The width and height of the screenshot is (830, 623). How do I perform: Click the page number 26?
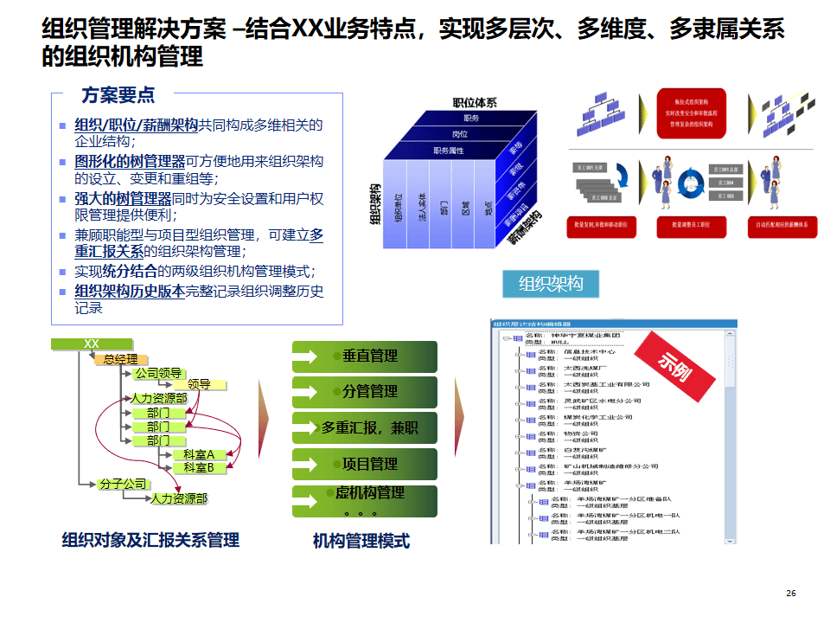coord(790,593)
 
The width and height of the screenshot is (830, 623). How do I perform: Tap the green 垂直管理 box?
coord(364,356)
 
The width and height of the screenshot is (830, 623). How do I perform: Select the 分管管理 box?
coord(364,392)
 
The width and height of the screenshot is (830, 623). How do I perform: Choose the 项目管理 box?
coord(364,464)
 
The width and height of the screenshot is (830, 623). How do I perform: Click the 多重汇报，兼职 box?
coord(364,427)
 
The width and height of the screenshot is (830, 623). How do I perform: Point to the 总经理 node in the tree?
coord(120,359)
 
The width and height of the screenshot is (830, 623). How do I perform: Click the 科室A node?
coord(198,454)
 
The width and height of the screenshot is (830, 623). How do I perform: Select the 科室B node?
coord(198,468)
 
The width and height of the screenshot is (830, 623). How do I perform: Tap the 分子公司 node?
coord(122,484)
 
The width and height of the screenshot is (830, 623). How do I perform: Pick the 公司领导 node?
coord(157,373)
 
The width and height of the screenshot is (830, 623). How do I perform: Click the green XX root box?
coord(92,344)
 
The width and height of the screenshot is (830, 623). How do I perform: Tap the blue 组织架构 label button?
coord(551,284)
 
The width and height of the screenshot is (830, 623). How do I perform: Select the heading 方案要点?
coord(118,95)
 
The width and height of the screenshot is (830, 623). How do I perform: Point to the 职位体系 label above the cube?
coord(475,103)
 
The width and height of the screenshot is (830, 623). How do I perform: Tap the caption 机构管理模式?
coord(361,541)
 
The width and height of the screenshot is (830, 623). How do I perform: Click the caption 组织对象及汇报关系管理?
coord(150,540)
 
